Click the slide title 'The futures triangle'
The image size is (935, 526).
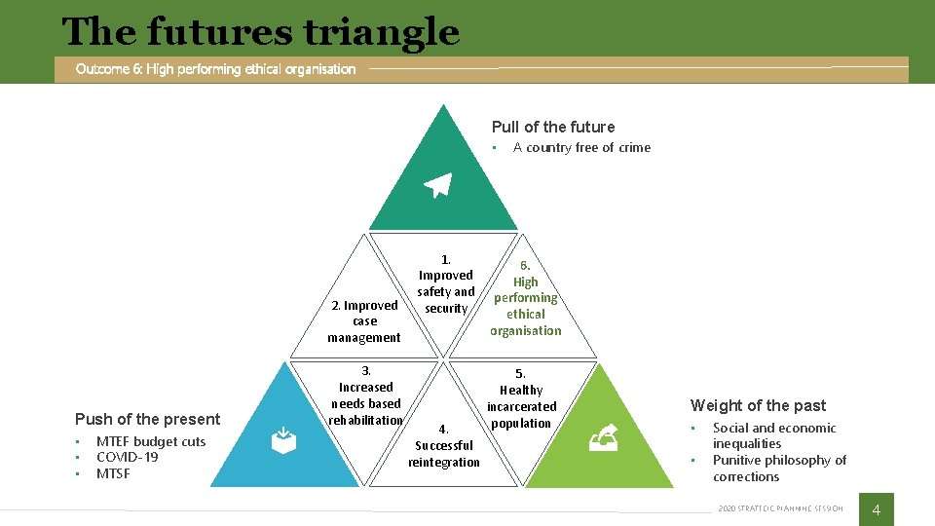coord(260,32)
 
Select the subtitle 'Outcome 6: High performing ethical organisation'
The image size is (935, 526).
coord(215,69)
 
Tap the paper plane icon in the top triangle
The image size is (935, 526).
coord(438,185)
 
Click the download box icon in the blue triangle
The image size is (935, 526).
coord(282,441)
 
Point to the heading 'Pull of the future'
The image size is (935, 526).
coord(553,127)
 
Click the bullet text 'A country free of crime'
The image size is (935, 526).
coord(581,148)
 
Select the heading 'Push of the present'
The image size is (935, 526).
coord(147,419)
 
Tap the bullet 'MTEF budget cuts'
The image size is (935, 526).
coord(151,441)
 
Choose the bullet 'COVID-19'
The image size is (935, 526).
coord(127,458)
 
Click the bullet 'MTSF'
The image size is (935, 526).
coord(113,474)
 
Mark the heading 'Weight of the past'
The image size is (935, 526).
coord(758,405)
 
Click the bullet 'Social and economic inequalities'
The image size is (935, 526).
coord(773,435)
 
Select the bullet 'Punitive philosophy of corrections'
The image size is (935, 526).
coord(779,469)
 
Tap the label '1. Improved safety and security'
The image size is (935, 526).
coord(446,283)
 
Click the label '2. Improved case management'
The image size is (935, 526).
coord(364,321)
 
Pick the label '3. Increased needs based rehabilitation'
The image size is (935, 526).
coord(366,394)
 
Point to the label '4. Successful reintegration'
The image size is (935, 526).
coord(444,445)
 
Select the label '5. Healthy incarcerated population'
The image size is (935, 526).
coord(521,398)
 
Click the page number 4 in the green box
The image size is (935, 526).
coord(876,509)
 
